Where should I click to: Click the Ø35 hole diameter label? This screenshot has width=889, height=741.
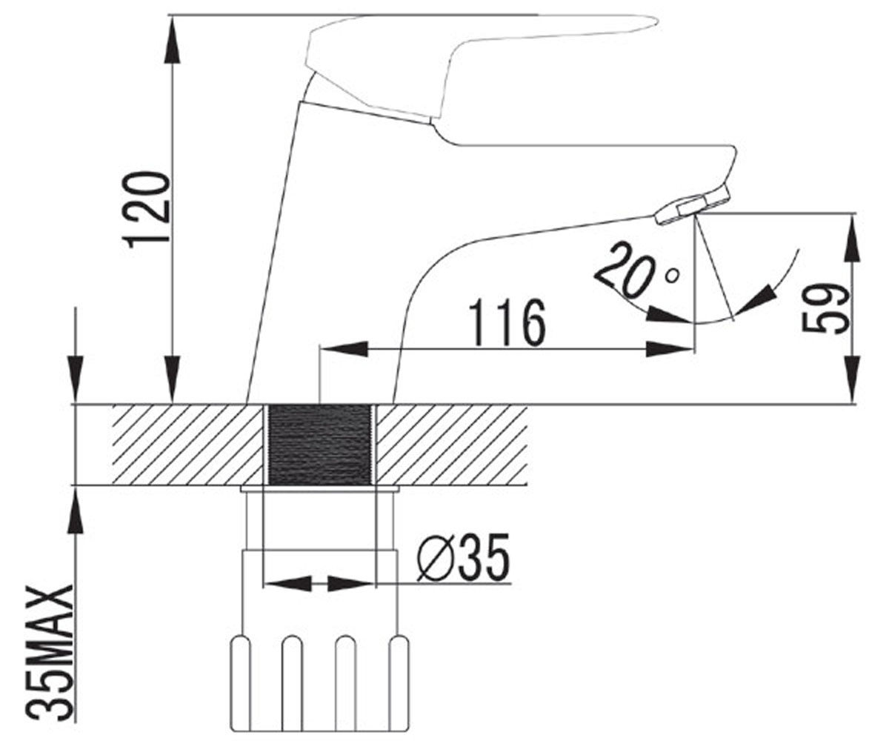463,557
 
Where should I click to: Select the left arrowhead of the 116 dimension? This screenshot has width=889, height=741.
343,349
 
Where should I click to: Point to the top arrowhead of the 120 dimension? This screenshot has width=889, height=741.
173,39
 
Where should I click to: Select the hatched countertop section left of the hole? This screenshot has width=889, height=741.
187,445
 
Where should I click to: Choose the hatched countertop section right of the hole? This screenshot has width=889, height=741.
453,445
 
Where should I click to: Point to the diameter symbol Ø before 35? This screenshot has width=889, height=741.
433,558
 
